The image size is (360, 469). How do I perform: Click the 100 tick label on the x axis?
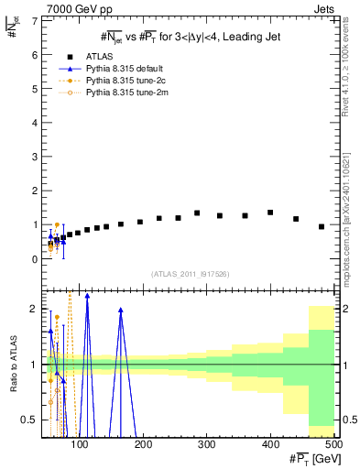point(82,445)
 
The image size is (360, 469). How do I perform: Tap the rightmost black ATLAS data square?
point(322,226)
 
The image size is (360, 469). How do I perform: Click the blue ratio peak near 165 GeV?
point(120,311)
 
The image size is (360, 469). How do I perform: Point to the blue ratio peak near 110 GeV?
point(87,296)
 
